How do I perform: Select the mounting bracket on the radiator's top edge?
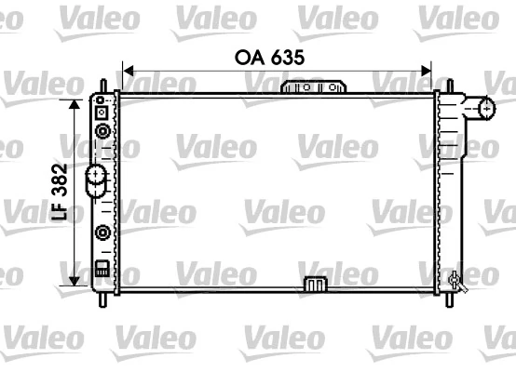point(313,87)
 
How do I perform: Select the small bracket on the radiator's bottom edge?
point(313,284)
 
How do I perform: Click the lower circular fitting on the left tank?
point(102,232)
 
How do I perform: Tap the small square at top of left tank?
point(102,112)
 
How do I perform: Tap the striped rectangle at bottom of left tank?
point(102,272)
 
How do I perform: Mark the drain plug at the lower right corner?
point(455,279)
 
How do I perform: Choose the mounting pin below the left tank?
point(101,299)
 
